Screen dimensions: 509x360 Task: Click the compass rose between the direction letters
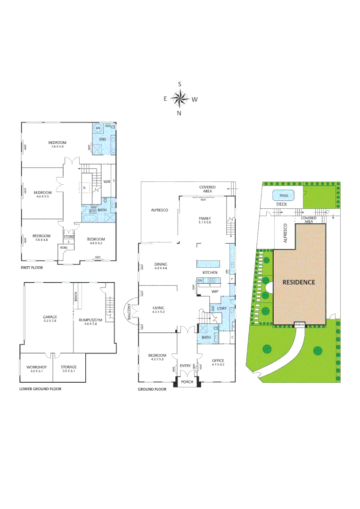point(180,99)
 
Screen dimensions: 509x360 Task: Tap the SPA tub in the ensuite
point(98,128)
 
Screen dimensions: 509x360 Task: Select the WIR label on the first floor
point(106,181)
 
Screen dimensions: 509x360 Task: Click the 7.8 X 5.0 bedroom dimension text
point(57,147)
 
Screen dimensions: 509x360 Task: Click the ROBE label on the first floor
point(63,247)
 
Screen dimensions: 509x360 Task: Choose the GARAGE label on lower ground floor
point(50,317)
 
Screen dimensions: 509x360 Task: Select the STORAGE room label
point(68,367)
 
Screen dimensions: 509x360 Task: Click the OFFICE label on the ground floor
point(218,361)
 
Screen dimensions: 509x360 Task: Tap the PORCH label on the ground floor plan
point(187,382)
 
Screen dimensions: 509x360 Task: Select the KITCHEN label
point(210,273)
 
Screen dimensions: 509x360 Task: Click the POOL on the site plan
point(284,196)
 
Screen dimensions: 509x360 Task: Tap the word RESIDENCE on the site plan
point(299,282)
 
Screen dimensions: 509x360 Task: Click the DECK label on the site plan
point(281,205)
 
